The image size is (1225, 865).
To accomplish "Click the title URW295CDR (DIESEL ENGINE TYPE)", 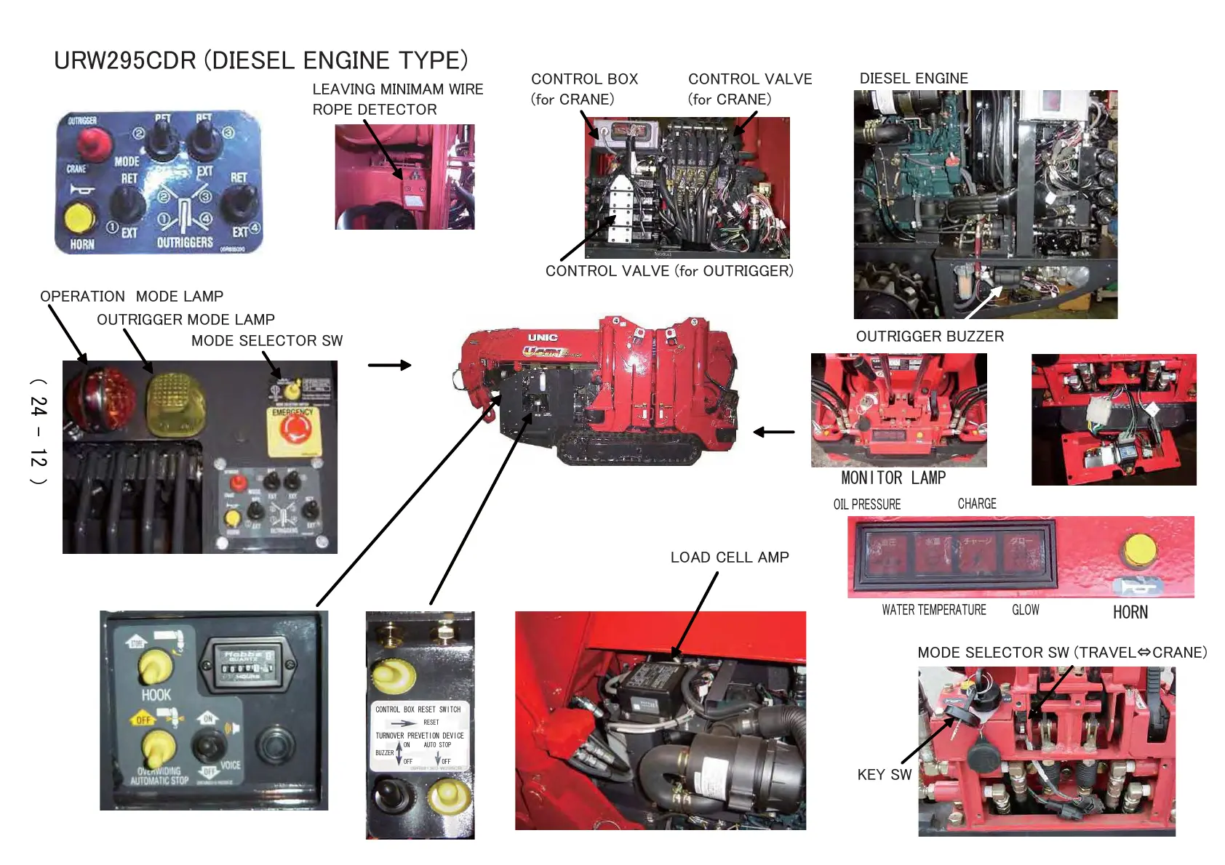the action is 260,60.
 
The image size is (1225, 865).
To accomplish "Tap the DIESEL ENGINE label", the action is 913,79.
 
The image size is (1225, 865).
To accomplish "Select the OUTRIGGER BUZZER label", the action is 929,337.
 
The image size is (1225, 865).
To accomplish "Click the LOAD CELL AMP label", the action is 729,558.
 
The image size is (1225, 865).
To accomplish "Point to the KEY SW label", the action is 884,775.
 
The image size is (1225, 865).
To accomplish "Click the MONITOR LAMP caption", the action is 893,478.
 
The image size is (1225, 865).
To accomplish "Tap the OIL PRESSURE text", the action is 866,504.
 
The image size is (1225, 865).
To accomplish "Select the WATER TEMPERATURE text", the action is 933,611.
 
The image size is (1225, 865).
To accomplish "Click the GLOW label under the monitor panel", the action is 1025,611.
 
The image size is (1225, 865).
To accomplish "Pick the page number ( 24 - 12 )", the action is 39,432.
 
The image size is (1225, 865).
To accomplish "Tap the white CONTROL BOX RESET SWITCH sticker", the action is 419,735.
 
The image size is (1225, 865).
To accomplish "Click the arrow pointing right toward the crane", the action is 389,365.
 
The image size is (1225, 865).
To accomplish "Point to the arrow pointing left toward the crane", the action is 773,432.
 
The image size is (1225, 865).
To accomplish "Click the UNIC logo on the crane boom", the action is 543,338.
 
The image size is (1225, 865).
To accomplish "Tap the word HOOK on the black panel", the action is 156,695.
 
